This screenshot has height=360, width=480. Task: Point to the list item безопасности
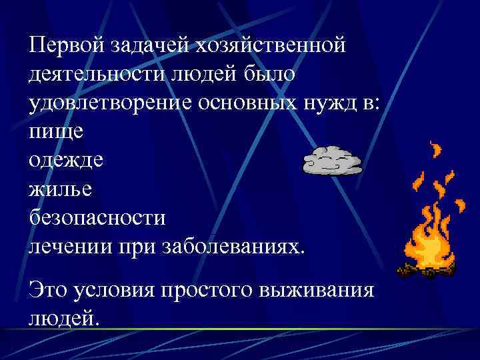click(96, 217)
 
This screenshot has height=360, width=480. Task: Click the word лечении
click(70, 246)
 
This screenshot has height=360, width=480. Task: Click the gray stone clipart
click(332, 161)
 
